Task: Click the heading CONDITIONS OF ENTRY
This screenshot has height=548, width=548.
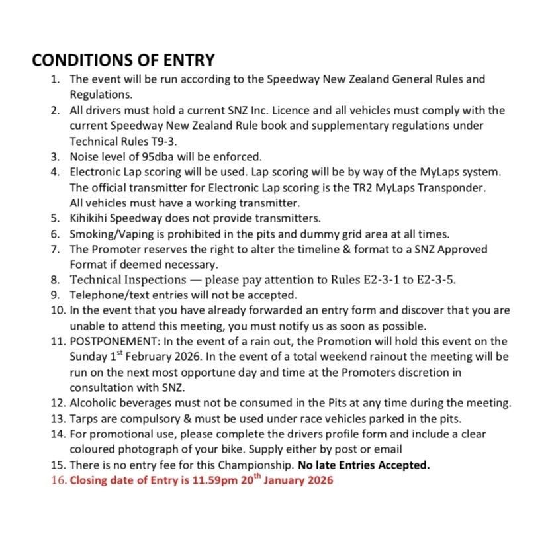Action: click(123, 60)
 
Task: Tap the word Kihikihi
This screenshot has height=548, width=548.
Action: click(91, 218)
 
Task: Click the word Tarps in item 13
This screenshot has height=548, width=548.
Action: click(84, 418)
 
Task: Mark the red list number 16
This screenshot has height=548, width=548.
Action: click(58, 480)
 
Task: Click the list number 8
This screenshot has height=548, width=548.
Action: click(58, 279)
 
